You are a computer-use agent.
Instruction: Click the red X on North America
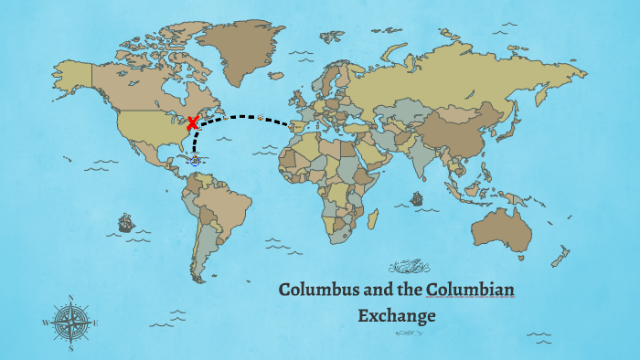tap(193, 123)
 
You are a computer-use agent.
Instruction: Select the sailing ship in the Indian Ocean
tap(417, 197)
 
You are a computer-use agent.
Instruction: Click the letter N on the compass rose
tap(70, 298)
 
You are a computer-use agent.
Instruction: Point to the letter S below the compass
tap(70, 347)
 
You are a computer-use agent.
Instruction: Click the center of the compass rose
tap(70, 323)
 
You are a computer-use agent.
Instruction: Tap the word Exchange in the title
tap(396, 316)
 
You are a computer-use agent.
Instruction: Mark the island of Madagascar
tap(372, 219)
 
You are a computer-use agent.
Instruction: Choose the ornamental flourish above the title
tap(409, 267)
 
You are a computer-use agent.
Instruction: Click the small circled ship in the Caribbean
tap(194, 161)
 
